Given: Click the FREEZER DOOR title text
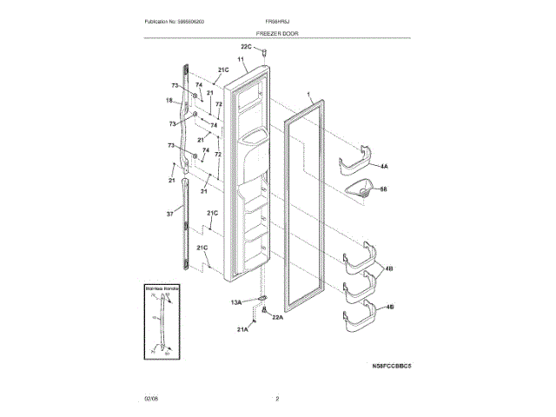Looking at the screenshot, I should [278, 31].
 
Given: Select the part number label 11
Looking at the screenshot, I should [241, 59].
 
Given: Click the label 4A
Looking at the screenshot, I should [384, 165].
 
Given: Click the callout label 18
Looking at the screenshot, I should [170, 101].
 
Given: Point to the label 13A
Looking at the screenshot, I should [236, 302].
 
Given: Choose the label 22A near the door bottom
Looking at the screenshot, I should [278, 318].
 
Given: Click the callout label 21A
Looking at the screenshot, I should [243, 330].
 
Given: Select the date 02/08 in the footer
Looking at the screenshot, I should [151, 399].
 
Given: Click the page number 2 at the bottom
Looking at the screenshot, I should [277, 399].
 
